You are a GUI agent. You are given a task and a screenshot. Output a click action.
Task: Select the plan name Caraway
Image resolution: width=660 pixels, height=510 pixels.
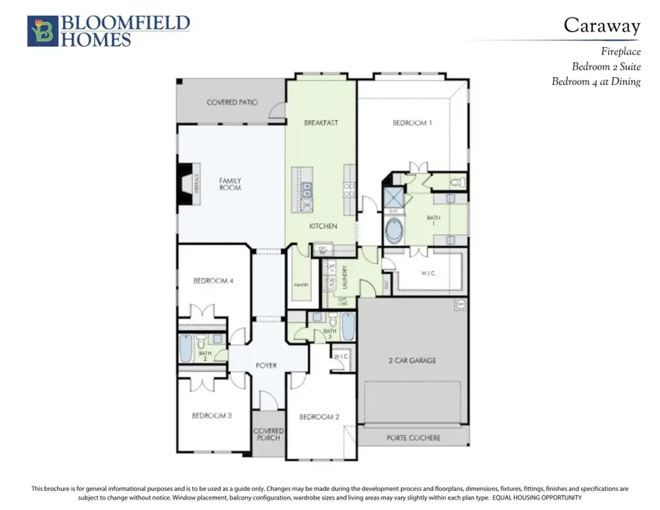tap(601, 25)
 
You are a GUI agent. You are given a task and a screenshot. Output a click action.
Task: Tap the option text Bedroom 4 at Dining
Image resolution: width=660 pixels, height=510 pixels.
tap(595, 81)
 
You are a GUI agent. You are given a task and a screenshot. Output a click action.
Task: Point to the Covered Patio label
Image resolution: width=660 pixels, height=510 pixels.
tap(232, 103)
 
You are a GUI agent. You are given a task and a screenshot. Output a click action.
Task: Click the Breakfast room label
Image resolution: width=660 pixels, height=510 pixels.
tap(321, 123)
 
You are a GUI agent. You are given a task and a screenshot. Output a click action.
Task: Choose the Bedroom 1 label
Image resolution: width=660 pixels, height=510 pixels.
tap(412, 123)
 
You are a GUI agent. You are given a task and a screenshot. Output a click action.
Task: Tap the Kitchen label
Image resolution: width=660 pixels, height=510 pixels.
tap(323, 226)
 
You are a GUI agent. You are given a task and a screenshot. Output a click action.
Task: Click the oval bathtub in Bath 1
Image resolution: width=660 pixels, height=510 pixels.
tap(395, 231)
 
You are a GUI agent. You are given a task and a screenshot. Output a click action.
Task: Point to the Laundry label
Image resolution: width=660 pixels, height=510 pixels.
tap(342, 279)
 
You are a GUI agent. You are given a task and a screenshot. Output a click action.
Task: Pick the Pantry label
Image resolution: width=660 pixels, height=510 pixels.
tap(301, 285)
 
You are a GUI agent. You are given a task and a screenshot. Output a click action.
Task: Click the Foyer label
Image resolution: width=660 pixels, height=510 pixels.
tap(266, 365)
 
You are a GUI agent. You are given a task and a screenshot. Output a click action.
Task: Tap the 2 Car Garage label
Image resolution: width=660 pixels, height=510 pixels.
tap(411, 360)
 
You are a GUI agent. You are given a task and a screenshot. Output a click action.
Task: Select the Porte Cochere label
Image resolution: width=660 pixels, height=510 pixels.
tap(414, 438)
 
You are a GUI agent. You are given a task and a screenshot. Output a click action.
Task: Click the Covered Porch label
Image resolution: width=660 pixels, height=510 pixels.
tap(268, 435)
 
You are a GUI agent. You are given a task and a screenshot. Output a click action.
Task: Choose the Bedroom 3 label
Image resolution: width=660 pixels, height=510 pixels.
tap(212, 415)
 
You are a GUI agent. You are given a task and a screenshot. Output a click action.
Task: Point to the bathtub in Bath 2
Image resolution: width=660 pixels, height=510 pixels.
tap(186, 349)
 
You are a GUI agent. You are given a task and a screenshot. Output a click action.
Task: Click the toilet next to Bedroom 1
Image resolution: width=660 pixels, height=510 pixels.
tap(454, 181)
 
